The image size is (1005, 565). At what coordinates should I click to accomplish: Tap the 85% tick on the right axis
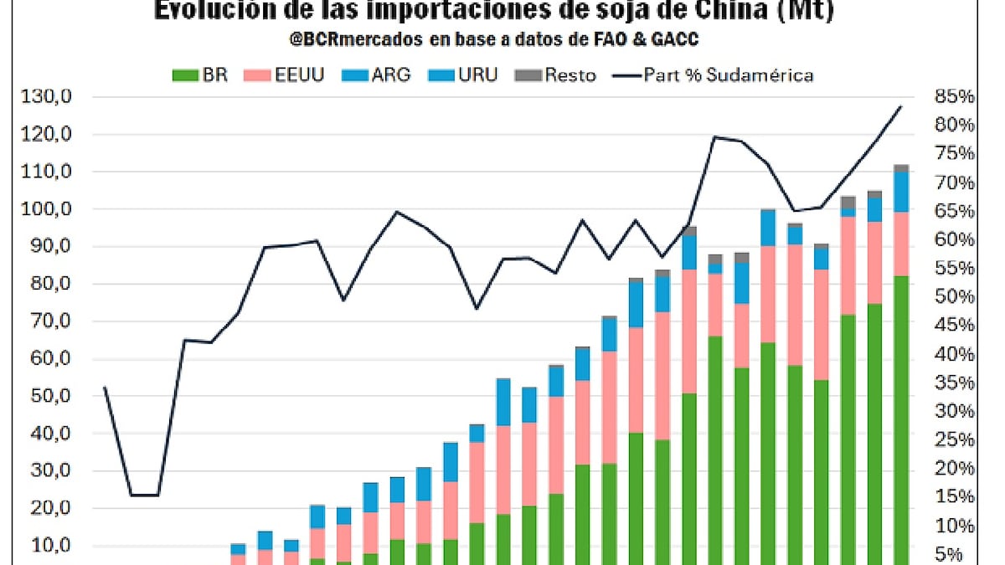pyautogui.click(x=954, y=97)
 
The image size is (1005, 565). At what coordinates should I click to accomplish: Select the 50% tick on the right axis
pyautogui.click(x=954, y=297)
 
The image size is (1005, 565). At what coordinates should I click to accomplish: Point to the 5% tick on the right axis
pyautogui.click(x=959, y=554)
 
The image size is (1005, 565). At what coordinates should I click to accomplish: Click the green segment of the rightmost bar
pyautogui.click(x=901, y=419)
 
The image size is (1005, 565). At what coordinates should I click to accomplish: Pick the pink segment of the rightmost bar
pyautogui.click(x=901, y=244)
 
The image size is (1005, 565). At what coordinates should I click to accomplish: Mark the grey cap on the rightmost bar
pyautogui.click(x=901, y=167)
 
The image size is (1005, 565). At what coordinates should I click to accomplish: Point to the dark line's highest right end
pyautogui.click(x=901, y=106)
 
